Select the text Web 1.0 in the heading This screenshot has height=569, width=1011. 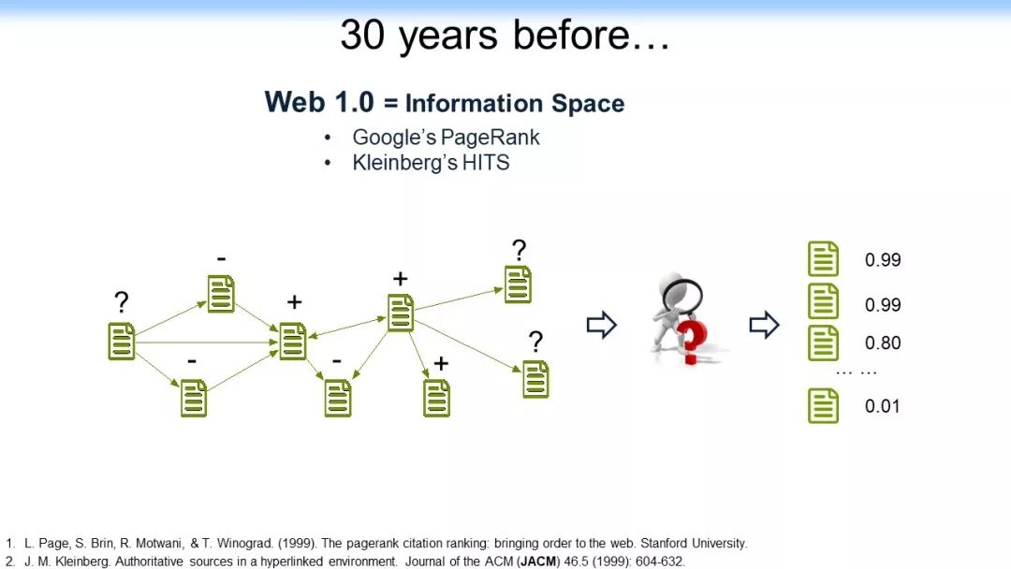tap(319, 102)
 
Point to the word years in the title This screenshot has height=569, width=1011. tap(448, 36)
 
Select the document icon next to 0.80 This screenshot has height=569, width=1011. tap(824, 343)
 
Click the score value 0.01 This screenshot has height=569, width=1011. tap(882, 406)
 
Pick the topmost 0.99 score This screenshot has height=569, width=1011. tap(883, 259)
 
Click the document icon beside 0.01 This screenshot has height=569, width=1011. tap(824, 405)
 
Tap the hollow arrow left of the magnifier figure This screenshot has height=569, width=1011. tap(602, 325)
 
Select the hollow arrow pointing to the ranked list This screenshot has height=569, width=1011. tap(764, 325)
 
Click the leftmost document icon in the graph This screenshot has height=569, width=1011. tap(122, 341)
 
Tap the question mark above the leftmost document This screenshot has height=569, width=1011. tap(121, 302)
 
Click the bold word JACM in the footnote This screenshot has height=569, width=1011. tap(537, 562)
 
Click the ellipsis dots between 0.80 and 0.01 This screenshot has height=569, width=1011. tap(857, 372)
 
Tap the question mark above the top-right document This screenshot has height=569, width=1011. tap(519, 250)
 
